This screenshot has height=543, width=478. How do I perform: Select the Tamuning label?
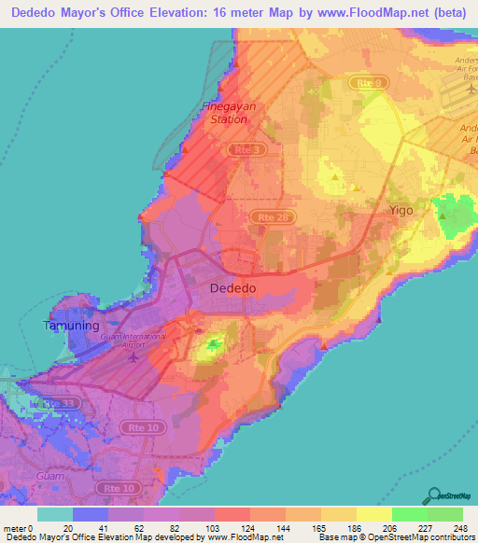69,326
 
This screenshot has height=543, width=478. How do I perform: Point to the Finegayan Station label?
226,113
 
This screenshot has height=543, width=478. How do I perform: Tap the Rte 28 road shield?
267,216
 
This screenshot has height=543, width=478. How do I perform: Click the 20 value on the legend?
55,527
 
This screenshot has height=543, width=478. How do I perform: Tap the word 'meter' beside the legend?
13,527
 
